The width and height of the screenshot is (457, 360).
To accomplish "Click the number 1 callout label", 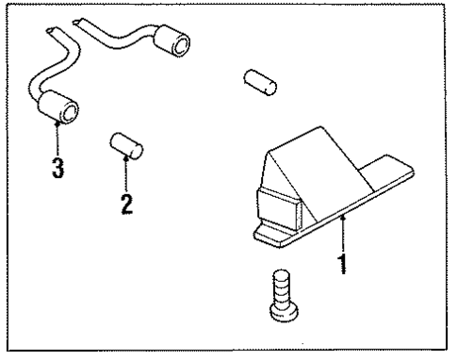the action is (x=343, y=264).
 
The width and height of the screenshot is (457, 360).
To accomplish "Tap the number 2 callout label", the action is (x=127, y=204).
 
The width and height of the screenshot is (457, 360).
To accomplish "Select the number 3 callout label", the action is (x=57, y=168).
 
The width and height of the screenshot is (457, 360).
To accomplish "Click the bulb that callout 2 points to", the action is (x=127, y=146).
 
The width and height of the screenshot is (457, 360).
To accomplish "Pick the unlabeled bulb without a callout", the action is (x=260, y=82).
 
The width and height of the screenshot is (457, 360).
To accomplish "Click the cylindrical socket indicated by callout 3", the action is (x=58, y=107).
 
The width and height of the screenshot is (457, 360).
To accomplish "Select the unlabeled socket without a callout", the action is (x=172, y=42).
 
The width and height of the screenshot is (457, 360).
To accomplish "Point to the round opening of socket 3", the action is (x=70, y=113).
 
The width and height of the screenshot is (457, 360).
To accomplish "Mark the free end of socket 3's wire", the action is (x=50, y=30).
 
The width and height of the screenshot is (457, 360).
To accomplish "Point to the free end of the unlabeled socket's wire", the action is (x=76, y=22).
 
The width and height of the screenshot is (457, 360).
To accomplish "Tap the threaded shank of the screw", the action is (x=283, y=287).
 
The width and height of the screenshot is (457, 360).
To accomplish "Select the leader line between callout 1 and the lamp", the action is (x=343, y=235).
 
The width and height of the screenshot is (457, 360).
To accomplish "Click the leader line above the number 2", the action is (x=126, y=174).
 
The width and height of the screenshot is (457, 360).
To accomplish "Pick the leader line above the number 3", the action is (x=57, y=139).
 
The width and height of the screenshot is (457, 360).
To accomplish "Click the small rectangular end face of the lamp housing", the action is (x=279, y=209).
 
